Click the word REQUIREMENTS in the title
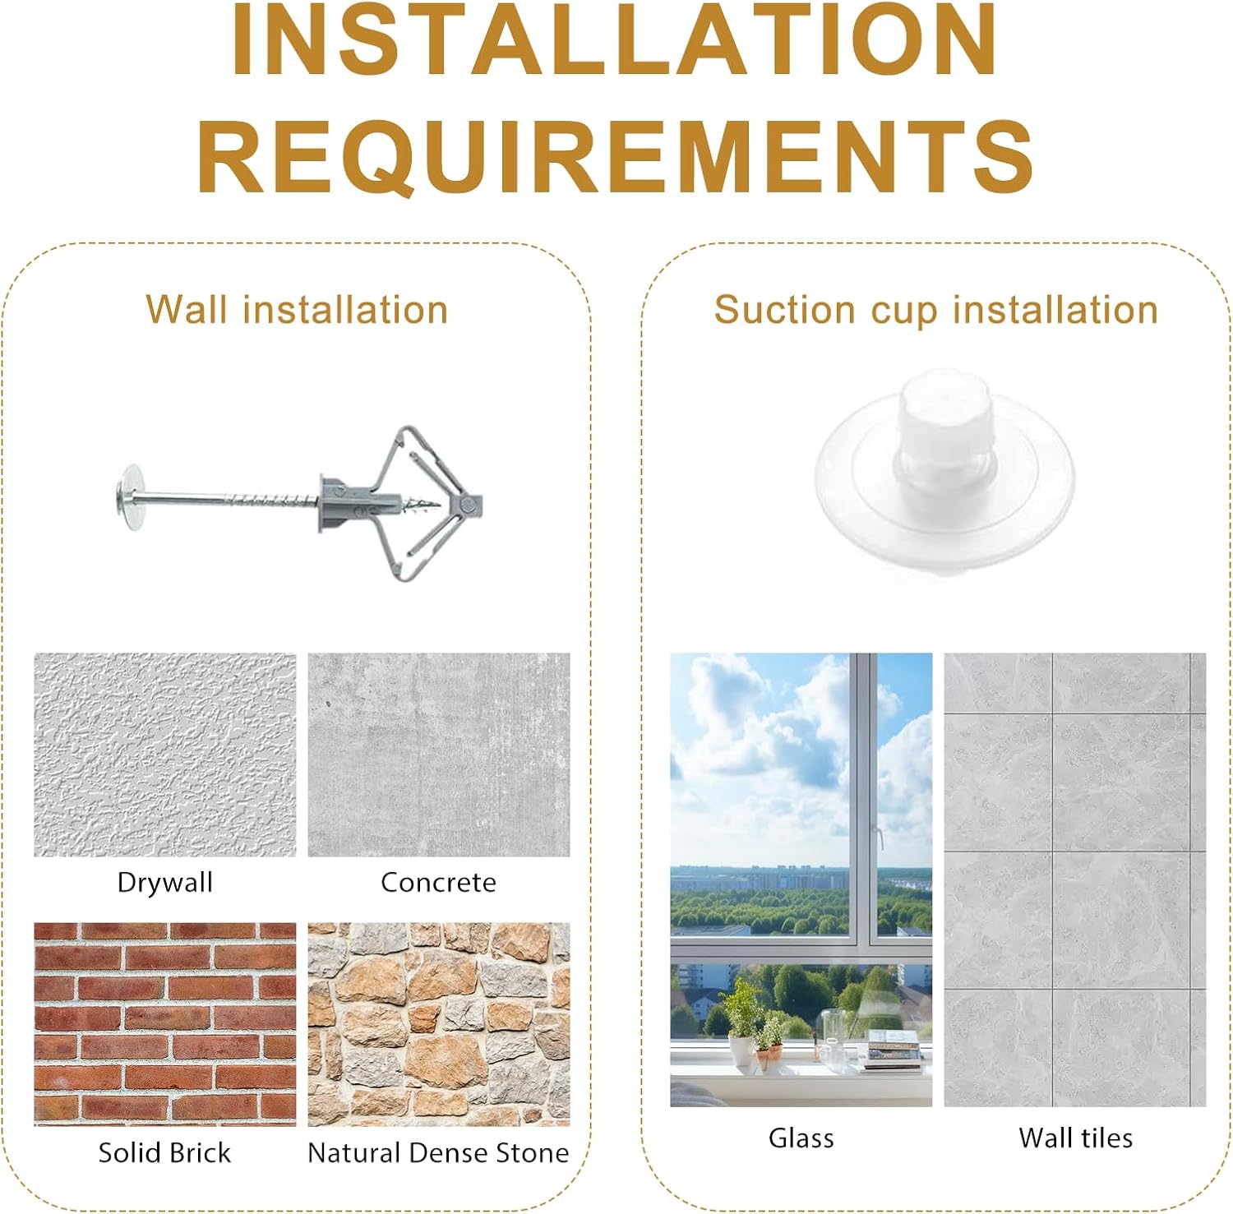coord(616,156)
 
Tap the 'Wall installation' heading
coord(297,310)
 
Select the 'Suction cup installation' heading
coord(936,311)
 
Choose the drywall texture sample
coord(165,755)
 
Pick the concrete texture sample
coord(439,755)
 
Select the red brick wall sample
coord(165,1024)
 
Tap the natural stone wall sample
coord(439,1024)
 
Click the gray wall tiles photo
coord(1075,879)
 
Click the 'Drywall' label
coord(165,883)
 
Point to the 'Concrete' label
coord(439,883)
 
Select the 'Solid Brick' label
coord(165,1152)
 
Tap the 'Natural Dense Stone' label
coord(438,1152)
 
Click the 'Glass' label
coord(801,1138)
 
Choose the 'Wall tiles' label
coord(1075,1138)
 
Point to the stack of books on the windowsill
coord(893,1050)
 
